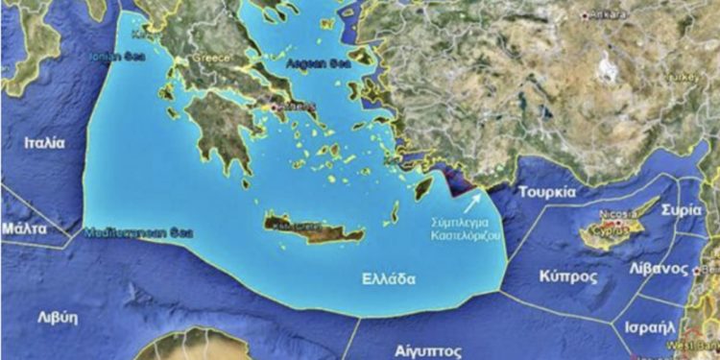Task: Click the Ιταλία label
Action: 44,142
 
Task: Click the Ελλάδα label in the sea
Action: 388,279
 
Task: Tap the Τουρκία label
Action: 546,192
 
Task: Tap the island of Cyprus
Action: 614,228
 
